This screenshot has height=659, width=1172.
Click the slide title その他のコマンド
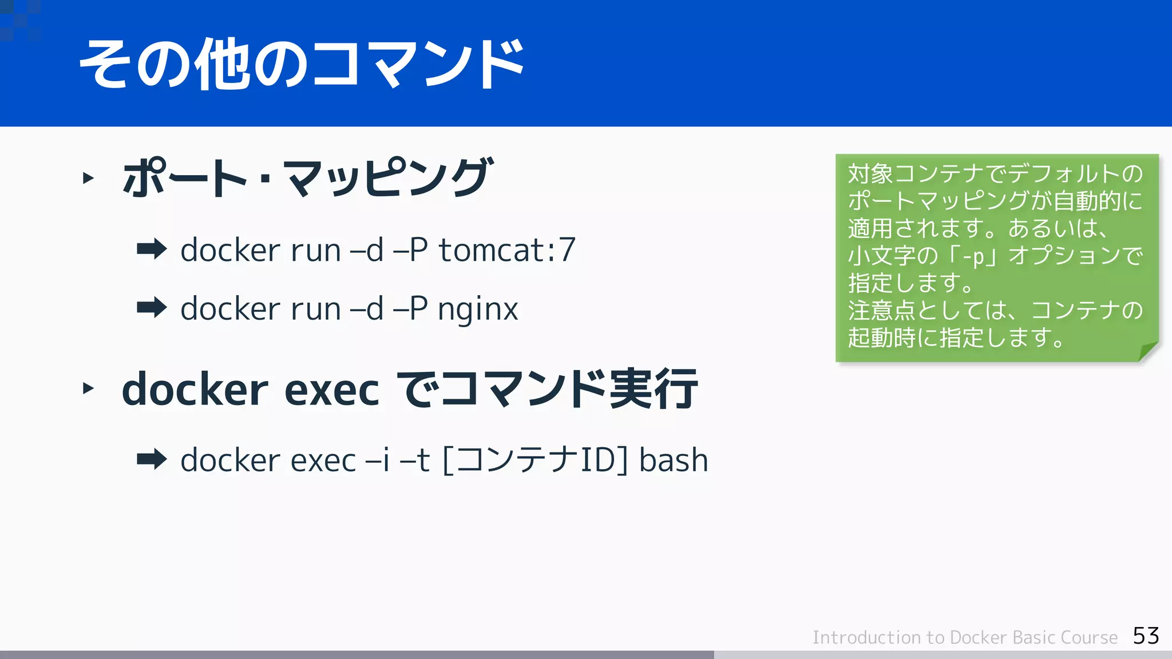click(302, 64)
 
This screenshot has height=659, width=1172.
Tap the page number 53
click(1146, 636)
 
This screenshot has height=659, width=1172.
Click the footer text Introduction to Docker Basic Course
click(965, 637)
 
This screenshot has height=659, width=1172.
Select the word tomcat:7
click(507, 251)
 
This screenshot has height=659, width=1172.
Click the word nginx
click(478, 309)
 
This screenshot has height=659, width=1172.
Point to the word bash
click(674, 460)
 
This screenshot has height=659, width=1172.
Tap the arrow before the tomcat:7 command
click(152, 249)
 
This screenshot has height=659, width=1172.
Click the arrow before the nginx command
click(152, 308)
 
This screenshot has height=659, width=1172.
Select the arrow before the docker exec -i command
click(152, 459)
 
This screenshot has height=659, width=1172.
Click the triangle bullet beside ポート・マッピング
click(88, 178)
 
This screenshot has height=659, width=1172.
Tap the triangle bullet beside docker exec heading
click(88, 389)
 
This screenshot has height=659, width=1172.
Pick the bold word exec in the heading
click(331, 390)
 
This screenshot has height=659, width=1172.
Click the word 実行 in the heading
click(654, 389)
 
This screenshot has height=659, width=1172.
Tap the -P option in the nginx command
click(410, 309)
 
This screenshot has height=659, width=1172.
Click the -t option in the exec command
click(415, 460)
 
